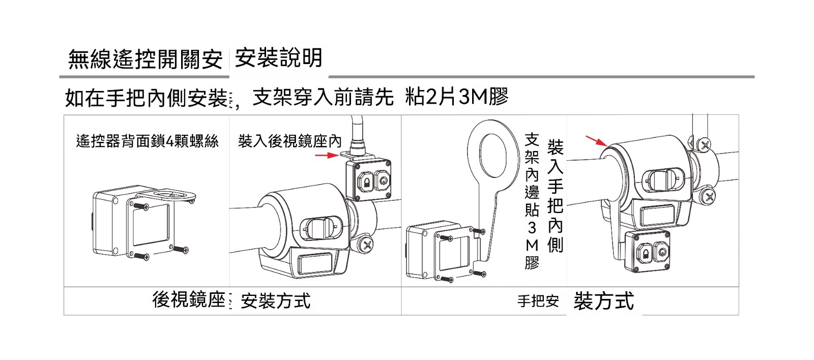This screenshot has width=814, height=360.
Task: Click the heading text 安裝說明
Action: tap(278, 58)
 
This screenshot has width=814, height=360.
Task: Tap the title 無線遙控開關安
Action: tap(146, 59)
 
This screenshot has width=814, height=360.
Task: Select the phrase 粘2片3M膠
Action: tap(456, 97)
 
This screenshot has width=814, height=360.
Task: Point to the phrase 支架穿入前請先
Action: tap(323, 97)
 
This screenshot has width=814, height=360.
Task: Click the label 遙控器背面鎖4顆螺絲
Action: tap(147, 141)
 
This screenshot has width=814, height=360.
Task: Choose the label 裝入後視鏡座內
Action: tap(289, 141)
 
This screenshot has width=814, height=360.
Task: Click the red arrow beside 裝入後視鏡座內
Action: tap(326, 155)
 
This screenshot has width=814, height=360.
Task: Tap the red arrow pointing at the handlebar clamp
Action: tap(596, 140)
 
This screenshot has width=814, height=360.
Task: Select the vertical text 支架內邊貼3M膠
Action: tap(532, 201)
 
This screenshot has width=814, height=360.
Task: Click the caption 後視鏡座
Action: tap(188, 300)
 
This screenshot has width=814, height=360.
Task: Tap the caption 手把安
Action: tap(538, 301)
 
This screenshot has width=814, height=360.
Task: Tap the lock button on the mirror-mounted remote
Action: tap(365, 181)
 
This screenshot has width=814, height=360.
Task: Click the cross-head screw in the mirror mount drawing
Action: tap(367, 246)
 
